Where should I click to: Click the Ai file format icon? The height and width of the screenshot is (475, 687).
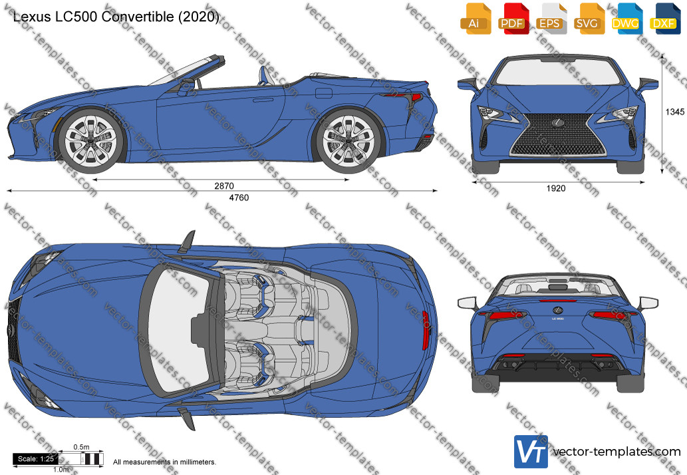click(476, 19)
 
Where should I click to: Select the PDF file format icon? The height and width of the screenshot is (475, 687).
click(513, 19)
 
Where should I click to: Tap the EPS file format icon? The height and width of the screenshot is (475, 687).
click(550, 19)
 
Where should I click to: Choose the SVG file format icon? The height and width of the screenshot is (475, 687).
click(589, 19)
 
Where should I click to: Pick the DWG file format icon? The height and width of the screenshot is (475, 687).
click(626, 19)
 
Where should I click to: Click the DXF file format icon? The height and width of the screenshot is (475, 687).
click(664, 19)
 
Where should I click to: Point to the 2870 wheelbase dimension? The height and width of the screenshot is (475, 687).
click(224, 186)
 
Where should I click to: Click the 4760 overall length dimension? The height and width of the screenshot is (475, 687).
click(239, 198)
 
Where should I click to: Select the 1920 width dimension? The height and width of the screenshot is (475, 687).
click(555, 188)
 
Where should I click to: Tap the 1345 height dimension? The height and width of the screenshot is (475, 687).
click(675, 112)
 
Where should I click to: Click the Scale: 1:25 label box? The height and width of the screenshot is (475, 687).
click(35, 459)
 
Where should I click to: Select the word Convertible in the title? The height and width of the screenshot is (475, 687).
click(138, 17)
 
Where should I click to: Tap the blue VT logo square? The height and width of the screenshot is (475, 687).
click(531, 451)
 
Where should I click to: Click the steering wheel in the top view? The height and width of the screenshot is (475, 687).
click(198, 329)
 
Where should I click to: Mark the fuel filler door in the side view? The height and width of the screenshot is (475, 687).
click(323, 94)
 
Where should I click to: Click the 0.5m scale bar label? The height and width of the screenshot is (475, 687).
click(81, 447)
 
